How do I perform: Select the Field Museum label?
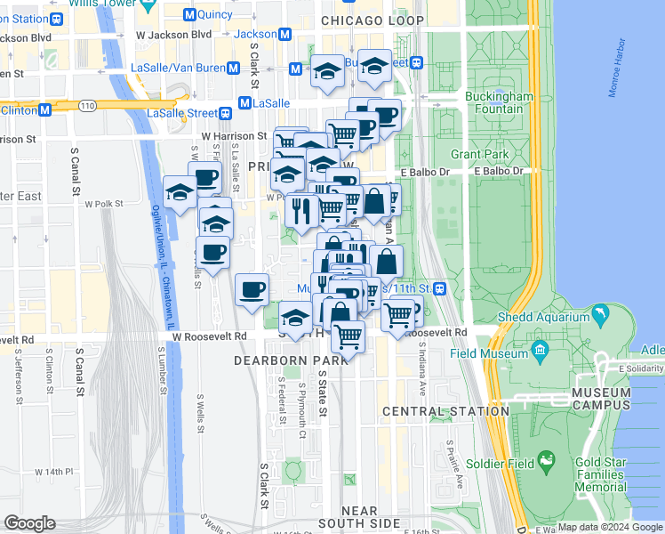(503, 352)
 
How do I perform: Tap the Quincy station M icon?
(188, 14)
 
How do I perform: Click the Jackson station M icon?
(284, 34)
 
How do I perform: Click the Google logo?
(29, 523)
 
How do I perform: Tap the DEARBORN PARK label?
(279, 360)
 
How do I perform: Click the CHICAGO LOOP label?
(373, 20)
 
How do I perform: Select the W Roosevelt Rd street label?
(210, 336)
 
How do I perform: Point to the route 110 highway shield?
(86, 105)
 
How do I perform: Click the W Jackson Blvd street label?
(173, 34)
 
